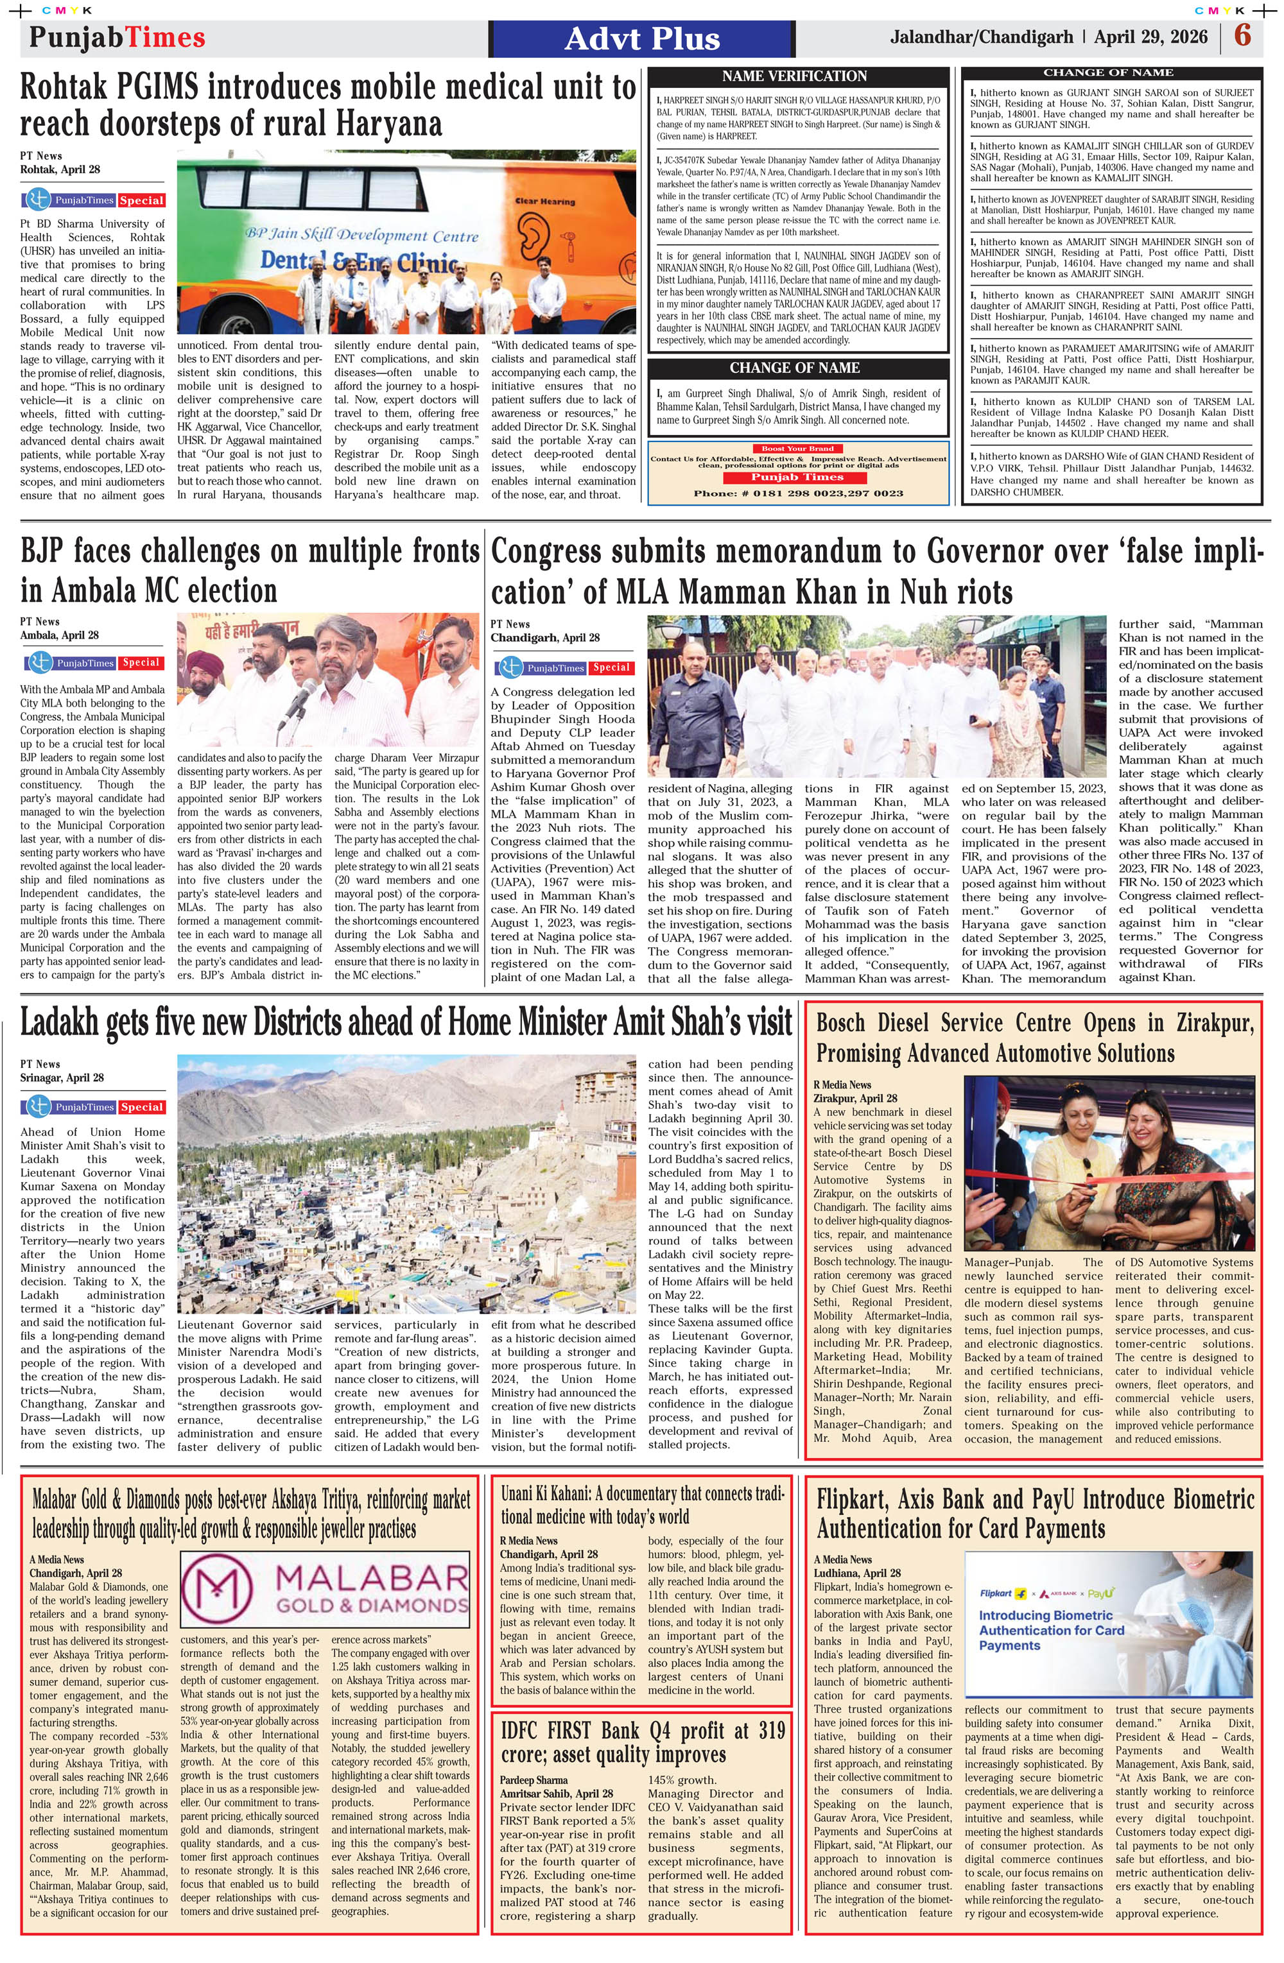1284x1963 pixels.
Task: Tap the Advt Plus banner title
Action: [x=641, y=39]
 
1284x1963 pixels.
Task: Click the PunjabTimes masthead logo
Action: [x=116, y=37]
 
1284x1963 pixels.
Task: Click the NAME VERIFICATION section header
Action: [x=794, y=76]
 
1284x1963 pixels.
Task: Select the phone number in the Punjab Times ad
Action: [x=798, y=493]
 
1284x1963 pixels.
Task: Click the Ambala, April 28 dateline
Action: [x=60, y=635]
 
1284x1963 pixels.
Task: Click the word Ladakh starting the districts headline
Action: [x=70, y=1024]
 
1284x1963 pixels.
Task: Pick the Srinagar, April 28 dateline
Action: [x=62, y=1077]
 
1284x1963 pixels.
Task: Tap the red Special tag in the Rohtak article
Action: [x=141, y=200]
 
